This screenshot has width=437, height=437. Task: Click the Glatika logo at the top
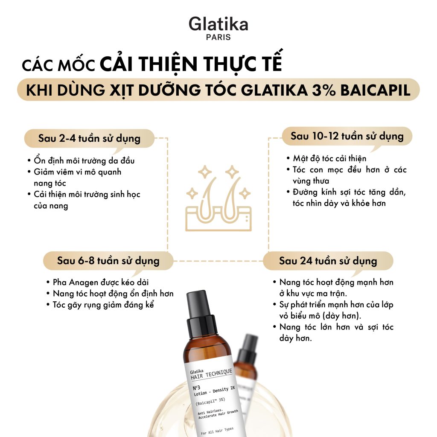tap(218, 24)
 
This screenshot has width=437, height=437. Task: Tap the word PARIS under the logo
tap(218, 37)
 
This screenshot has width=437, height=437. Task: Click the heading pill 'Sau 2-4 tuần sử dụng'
tap(89, 139)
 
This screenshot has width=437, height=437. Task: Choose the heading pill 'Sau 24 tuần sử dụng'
tap(328, 261)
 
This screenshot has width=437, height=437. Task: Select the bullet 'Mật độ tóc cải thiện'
tap(329, 159)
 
